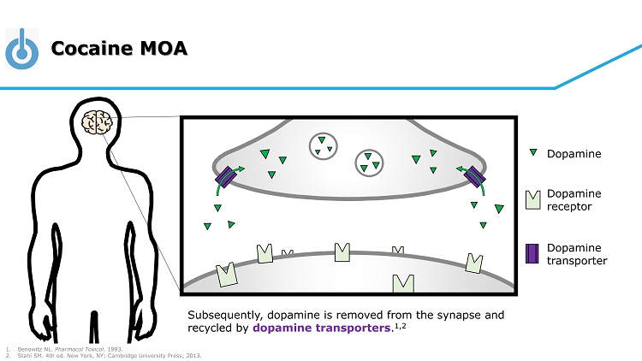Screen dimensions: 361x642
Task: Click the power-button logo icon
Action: [22, 48]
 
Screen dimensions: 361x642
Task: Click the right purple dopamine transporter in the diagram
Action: [474, 177]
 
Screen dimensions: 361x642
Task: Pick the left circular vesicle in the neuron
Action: [323, 145]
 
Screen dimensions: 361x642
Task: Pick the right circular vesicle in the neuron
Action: [369, 162]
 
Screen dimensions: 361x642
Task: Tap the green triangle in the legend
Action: [532, 154]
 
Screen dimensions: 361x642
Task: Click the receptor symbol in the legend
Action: [532, 200]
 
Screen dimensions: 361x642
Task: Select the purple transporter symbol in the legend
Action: [532, 253]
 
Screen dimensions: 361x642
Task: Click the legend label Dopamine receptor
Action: [574, 200]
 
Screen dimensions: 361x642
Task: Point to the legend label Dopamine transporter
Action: [576, 254]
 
